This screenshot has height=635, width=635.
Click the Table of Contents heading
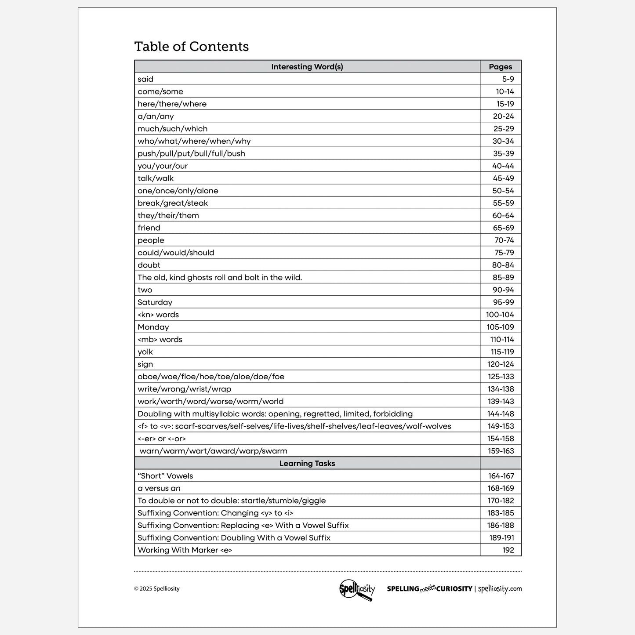pos(191,47)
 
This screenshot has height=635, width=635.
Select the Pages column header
pos(500,67)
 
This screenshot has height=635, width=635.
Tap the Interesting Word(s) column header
pos(307,67)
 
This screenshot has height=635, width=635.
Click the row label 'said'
pos(145,79)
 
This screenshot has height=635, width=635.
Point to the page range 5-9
pos(508,79)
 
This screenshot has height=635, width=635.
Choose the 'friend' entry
pos(149,228)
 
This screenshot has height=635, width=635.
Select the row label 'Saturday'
pos(155,302)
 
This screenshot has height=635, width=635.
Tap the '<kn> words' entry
pos(158,315)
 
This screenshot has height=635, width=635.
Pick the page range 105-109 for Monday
pos(500,327)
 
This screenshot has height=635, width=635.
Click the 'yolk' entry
pos(145,352)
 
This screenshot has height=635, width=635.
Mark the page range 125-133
pos(501,377)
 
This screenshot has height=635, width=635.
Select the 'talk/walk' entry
pos(156,178)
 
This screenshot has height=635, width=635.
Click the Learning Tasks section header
pos(307,463)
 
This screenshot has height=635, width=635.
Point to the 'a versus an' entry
pos(159,488)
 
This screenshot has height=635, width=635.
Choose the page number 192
pos(508,550)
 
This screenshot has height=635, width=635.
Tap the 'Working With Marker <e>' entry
pos(185,550)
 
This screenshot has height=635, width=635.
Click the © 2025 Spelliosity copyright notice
pos(157,589)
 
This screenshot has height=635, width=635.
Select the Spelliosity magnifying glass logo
pos(357,589)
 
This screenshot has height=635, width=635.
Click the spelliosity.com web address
pos(500,589)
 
